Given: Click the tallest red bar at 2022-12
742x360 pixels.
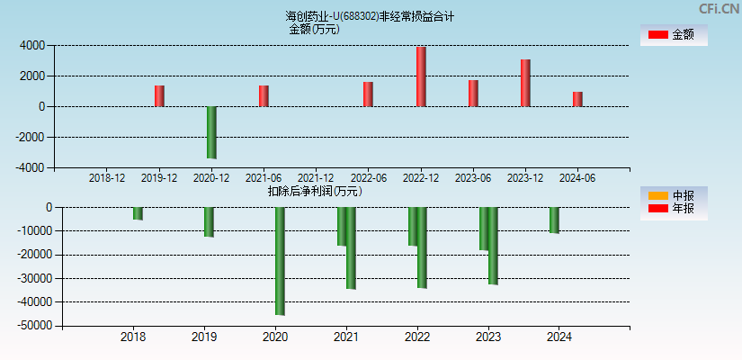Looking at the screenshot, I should tap(421, 76).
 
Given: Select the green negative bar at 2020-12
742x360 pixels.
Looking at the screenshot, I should tap(211, 132).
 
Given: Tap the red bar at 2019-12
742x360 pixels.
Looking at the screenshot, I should tap(159, 96).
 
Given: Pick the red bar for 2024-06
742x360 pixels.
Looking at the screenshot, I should tap(577, 99).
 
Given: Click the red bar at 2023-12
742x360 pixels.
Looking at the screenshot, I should tap(525, 83).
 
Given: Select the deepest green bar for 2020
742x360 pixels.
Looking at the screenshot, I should tap(280, 261).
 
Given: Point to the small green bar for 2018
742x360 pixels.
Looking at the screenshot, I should tap(138, 213).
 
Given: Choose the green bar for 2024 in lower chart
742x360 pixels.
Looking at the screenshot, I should tap(554, 220).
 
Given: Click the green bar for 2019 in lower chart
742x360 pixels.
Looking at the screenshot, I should tap(209, 222).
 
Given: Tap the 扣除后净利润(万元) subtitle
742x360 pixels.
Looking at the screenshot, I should tap(315, 191).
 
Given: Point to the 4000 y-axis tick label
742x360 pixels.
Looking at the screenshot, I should tap(32, 45).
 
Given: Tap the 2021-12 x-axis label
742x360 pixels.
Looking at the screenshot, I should tap(316, 178).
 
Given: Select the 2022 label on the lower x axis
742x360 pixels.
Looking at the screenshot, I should tap(417, 337).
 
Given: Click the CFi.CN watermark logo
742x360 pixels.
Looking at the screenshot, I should tap(718, 9).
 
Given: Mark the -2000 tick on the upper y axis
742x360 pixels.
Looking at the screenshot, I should tap(31, 137).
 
